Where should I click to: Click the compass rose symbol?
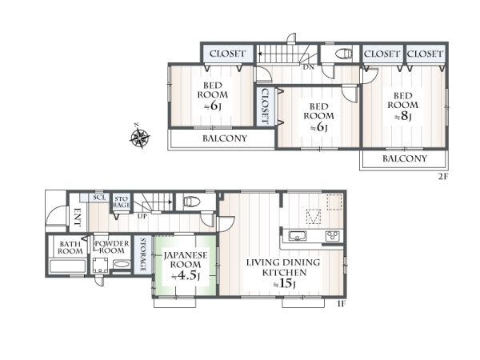click(139, 138)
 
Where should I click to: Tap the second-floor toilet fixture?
click(345, 54)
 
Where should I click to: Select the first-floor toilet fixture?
click(192, 202)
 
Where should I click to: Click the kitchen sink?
click(298, 236)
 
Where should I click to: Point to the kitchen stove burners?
click(333, 236)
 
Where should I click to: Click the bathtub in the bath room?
click(68, 266)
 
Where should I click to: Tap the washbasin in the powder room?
click(122, 264)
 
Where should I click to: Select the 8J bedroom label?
click(403, 106)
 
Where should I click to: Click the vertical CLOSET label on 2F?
click(265, 106)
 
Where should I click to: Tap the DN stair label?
click(309, 67)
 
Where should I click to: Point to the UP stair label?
click(142, 216)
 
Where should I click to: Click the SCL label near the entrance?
click(99, 198)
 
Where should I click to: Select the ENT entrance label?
click(77, 218)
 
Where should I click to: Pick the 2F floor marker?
click(443, 177)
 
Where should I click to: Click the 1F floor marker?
click(342, 304)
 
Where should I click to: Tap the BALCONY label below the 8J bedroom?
click(405, 158)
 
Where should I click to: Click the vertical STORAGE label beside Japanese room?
click(143, 254)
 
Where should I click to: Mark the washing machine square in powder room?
click(101, 265)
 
